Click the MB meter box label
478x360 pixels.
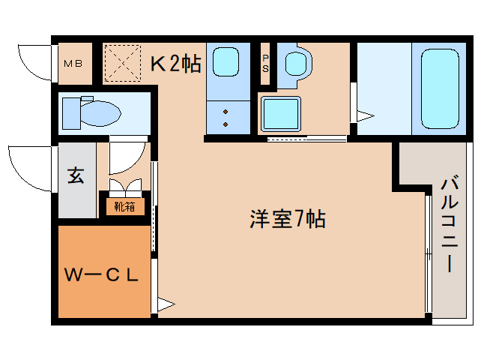73,63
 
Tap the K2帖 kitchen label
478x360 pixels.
176,63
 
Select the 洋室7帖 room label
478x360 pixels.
287,220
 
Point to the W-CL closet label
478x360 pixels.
102,275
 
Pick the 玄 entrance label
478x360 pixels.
76,176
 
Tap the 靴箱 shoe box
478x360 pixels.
124,205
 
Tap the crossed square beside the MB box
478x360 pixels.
122,63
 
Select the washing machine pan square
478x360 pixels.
281,114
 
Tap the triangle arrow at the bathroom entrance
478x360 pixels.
365,115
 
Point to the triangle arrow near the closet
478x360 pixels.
166,304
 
